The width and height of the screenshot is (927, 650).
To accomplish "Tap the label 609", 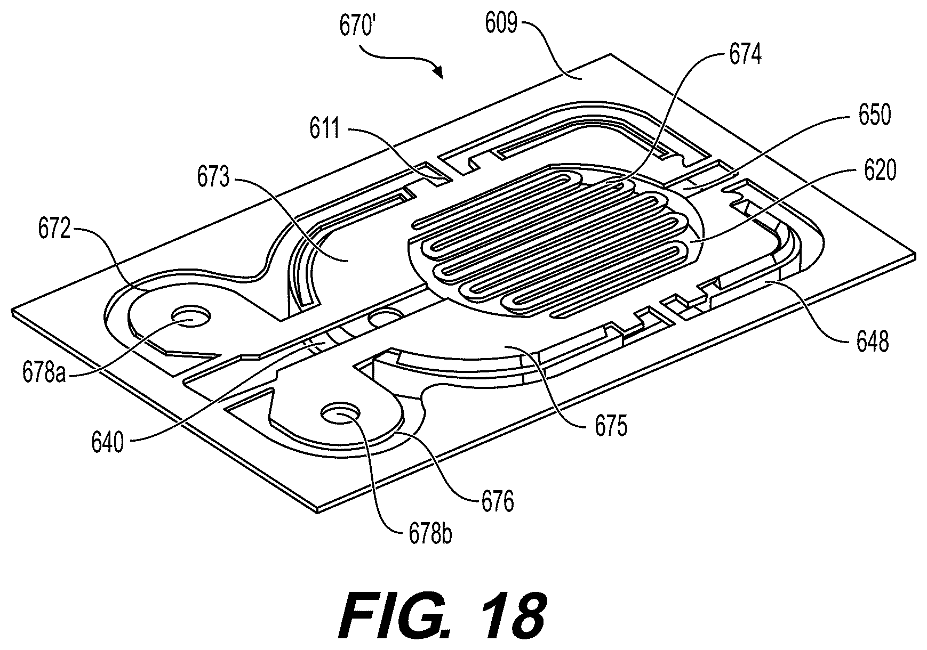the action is click(501, 23).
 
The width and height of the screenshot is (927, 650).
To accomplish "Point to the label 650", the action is click(873, 115).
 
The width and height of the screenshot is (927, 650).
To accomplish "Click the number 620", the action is click(880, 172).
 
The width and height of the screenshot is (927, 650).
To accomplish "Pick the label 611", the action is click(325, 129).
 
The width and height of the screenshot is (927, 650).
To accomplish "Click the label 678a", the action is click(44, 372).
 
